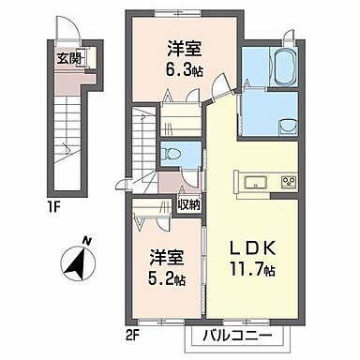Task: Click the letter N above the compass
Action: [84, 241]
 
